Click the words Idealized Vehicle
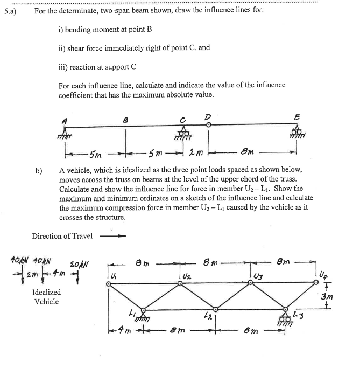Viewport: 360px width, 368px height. (47, 297)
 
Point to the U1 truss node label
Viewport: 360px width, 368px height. (113, 277)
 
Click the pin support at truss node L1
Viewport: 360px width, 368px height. (144, 317)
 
